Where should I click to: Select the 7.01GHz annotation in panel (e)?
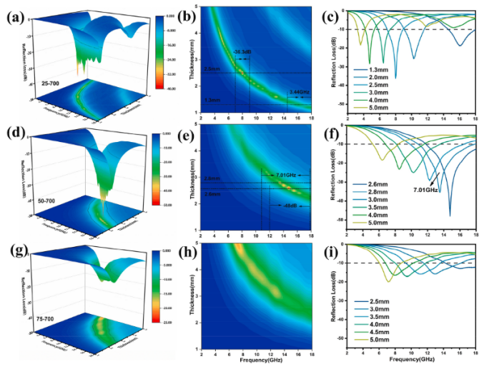pos(285,174)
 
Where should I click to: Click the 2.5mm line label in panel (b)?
pos(211,69)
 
